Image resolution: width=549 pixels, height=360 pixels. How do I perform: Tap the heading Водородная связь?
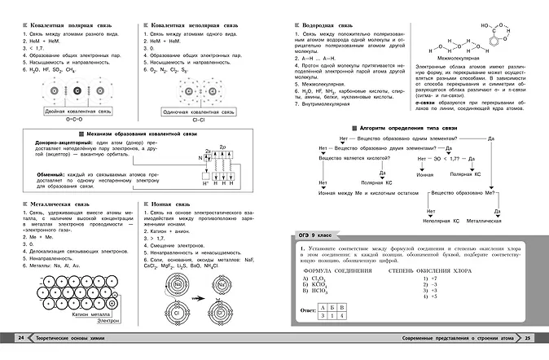point(327,26)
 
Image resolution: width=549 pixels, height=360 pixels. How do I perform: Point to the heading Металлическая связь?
point(55,205)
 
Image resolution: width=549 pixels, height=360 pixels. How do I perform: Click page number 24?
point(21,338)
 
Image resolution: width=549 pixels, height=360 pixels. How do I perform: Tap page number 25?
point(527,338)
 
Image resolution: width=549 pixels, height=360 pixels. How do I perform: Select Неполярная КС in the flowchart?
point(439,220)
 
